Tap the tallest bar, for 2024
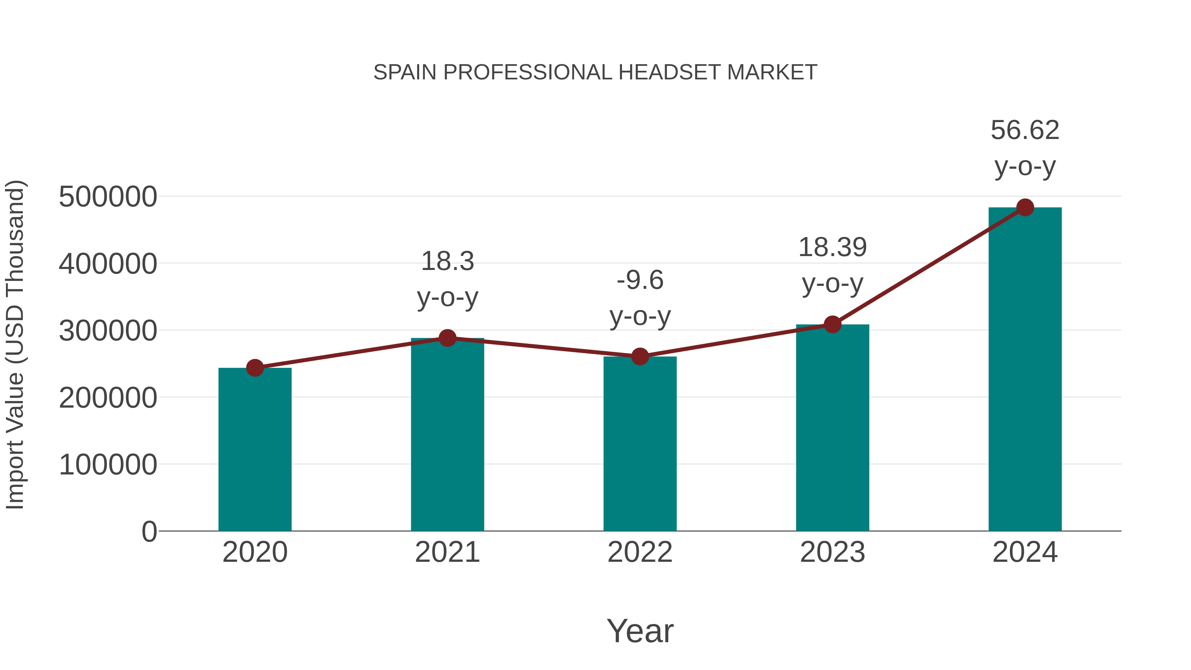coord(1025,370)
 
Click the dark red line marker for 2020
coord(255,368)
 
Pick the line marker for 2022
coord(640,356)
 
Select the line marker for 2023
coord(833,325)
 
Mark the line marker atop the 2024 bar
coord(1025,207)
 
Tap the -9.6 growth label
coord(640,298)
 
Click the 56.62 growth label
coord(1025,148)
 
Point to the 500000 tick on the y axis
coord(108,197)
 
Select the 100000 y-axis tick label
coord(108,465)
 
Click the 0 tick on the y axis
coord(149,532)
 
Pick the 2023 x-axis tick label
coord(833,552)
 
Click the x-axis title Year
coord(640,631)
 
